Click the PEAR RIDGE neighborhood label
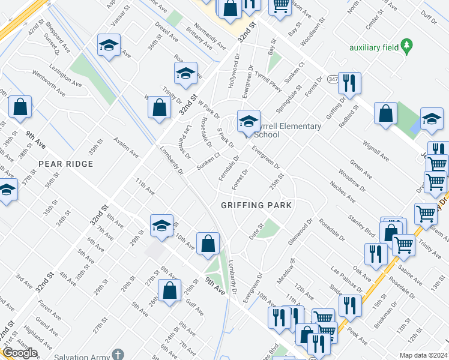pos(66,164)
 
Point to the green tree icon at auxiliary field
pos(408,44)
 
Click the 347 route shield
pos(333,79)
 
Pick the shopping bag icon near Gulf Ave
pos(170,292)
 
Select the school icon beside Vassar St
pos(109,46)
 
